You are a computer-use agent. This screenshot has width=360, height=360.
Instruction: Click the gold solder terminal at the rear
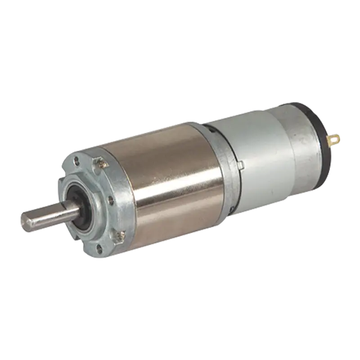pos(335,139)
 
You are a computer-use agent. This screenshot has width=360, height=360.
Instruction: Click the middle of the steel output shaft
pos(49,215)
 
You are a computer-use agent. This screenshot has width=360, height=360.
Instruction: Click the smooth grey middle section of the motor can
pos(256,148)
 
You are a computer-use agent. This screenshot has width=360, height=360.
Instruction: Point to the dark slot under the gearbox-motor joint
pos(230,208)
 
